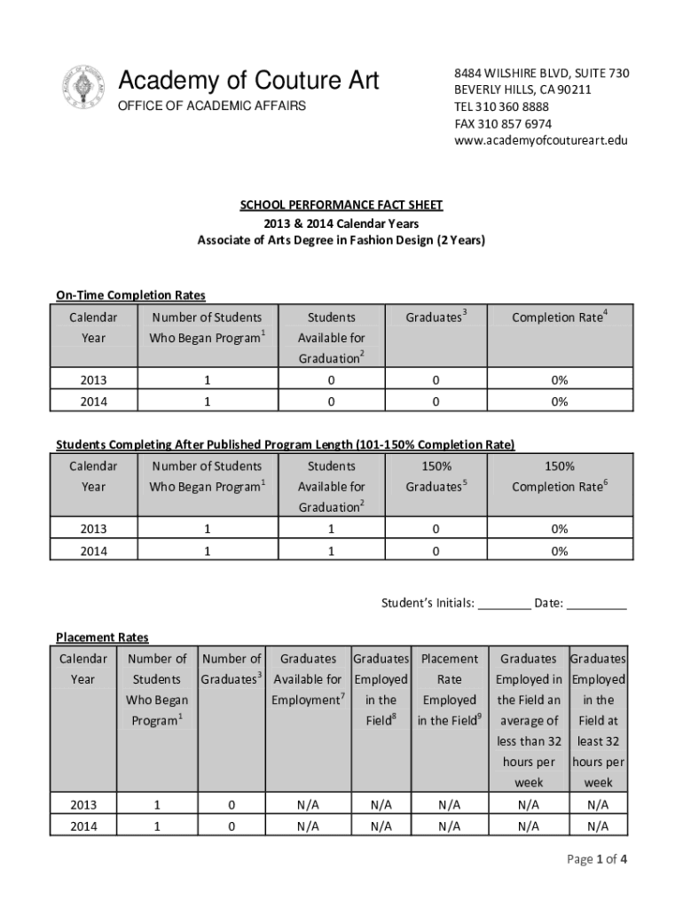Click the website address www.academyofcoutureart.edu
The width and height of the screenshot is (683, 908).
click(x=541, y=140)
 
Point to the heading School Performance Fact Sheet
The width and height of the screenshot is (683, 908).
click(x=341, y=206)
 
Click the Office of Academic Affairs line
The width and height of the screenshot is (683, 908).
click(x=212, y=106)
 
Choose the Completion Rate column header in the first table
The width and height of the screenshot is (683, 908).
click(x=559, y=317)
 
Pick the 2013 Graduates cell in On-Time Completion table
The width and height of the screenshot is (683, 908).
click(x=436, y=380)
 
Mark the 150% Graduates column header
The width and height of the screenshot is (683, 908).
click(x=436, y=476)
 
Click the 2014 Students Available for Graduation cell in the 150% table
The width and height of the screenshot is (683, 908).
click(x=331, y=551)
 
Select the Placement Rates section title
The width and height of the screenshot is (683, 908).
click(x=102, y=638)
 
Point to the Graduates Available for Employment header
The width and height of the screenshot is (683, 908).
click(x=308, y=679)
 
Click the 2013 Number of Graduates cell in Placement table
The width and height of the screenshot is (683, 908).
click(x=232, y=805)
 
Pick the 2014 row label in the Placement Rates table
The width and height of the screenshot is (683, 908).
click(x=82, y=826)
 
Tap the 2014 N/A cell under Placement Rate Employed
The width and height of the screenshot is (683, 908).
click(x=449, y=826)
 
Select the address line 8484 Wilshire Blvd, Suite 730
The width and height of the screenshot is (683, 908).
click(x=542, y=73)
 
